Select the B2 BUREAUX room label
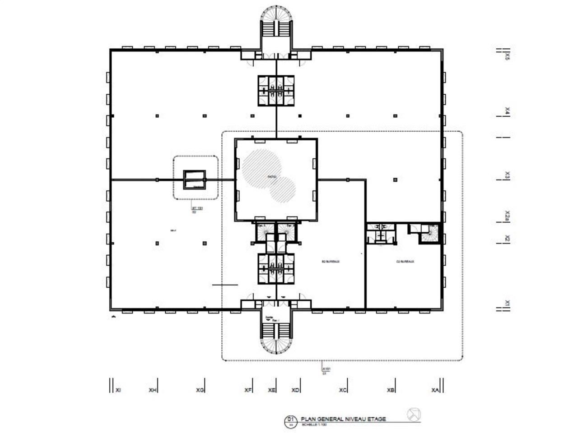point(330,262)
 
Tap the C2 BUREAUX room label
point(405,262)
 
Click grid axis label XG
point(200,390)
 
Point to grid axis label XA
point(435,390)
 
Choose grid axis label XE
point(271,390)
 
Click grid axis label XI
point(118,390)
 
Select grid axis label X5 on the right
point(508,56)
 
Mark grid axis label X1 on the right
point(508,303)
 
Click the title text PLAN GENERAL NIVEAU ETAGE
point(344,419)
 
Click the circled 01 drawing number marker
point(290,422)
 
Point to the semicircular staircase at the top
point(276,20)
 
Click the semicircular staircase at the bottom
point(276,341)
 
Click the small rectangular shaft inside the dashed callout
point(194,180)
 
